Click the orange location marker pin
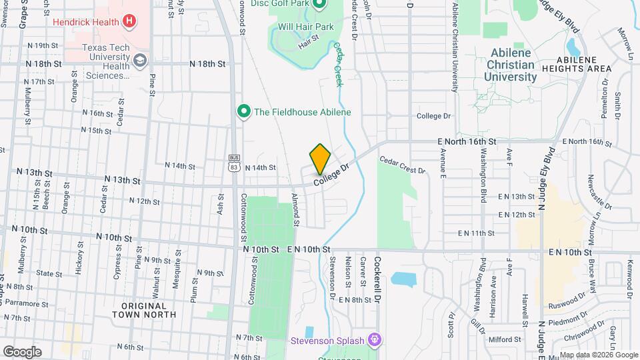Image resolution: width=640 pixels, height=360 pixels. coord(320,159)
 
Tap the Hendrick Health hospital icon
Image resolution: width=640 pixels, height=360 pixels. coord(129,21)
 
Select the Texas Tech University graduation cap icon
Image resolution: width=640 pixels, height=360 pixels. coord(140,61)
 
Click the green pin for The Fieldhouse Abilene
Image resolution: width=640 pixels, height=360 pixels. coord(244,111)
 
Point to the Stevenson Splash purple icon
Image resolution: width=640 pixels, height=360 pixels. coord(375,340)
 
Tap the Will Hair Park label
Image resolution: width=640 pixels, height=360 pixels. coord(305,27)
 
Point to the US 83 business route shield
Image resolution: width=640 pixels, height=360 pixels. coord(234,163)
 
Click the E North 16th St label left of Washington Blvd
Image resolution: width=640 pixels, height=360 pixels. coord(467,142)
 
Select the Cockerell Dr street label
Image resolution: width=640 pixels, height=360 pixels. coord(377,281)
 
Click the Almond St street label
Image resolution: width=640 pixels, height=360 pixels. coord(296,209)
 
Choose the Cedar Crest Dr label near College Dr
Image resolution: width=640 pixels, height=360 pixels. coord(402,165)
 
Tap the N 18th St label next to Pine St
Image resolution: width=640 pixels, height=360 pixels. coord(207,64)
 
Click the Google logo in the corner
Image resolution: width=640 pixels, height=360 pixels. coord(22,351)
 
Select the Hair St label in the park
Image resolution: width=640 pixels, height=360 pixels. coord(309,42)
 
